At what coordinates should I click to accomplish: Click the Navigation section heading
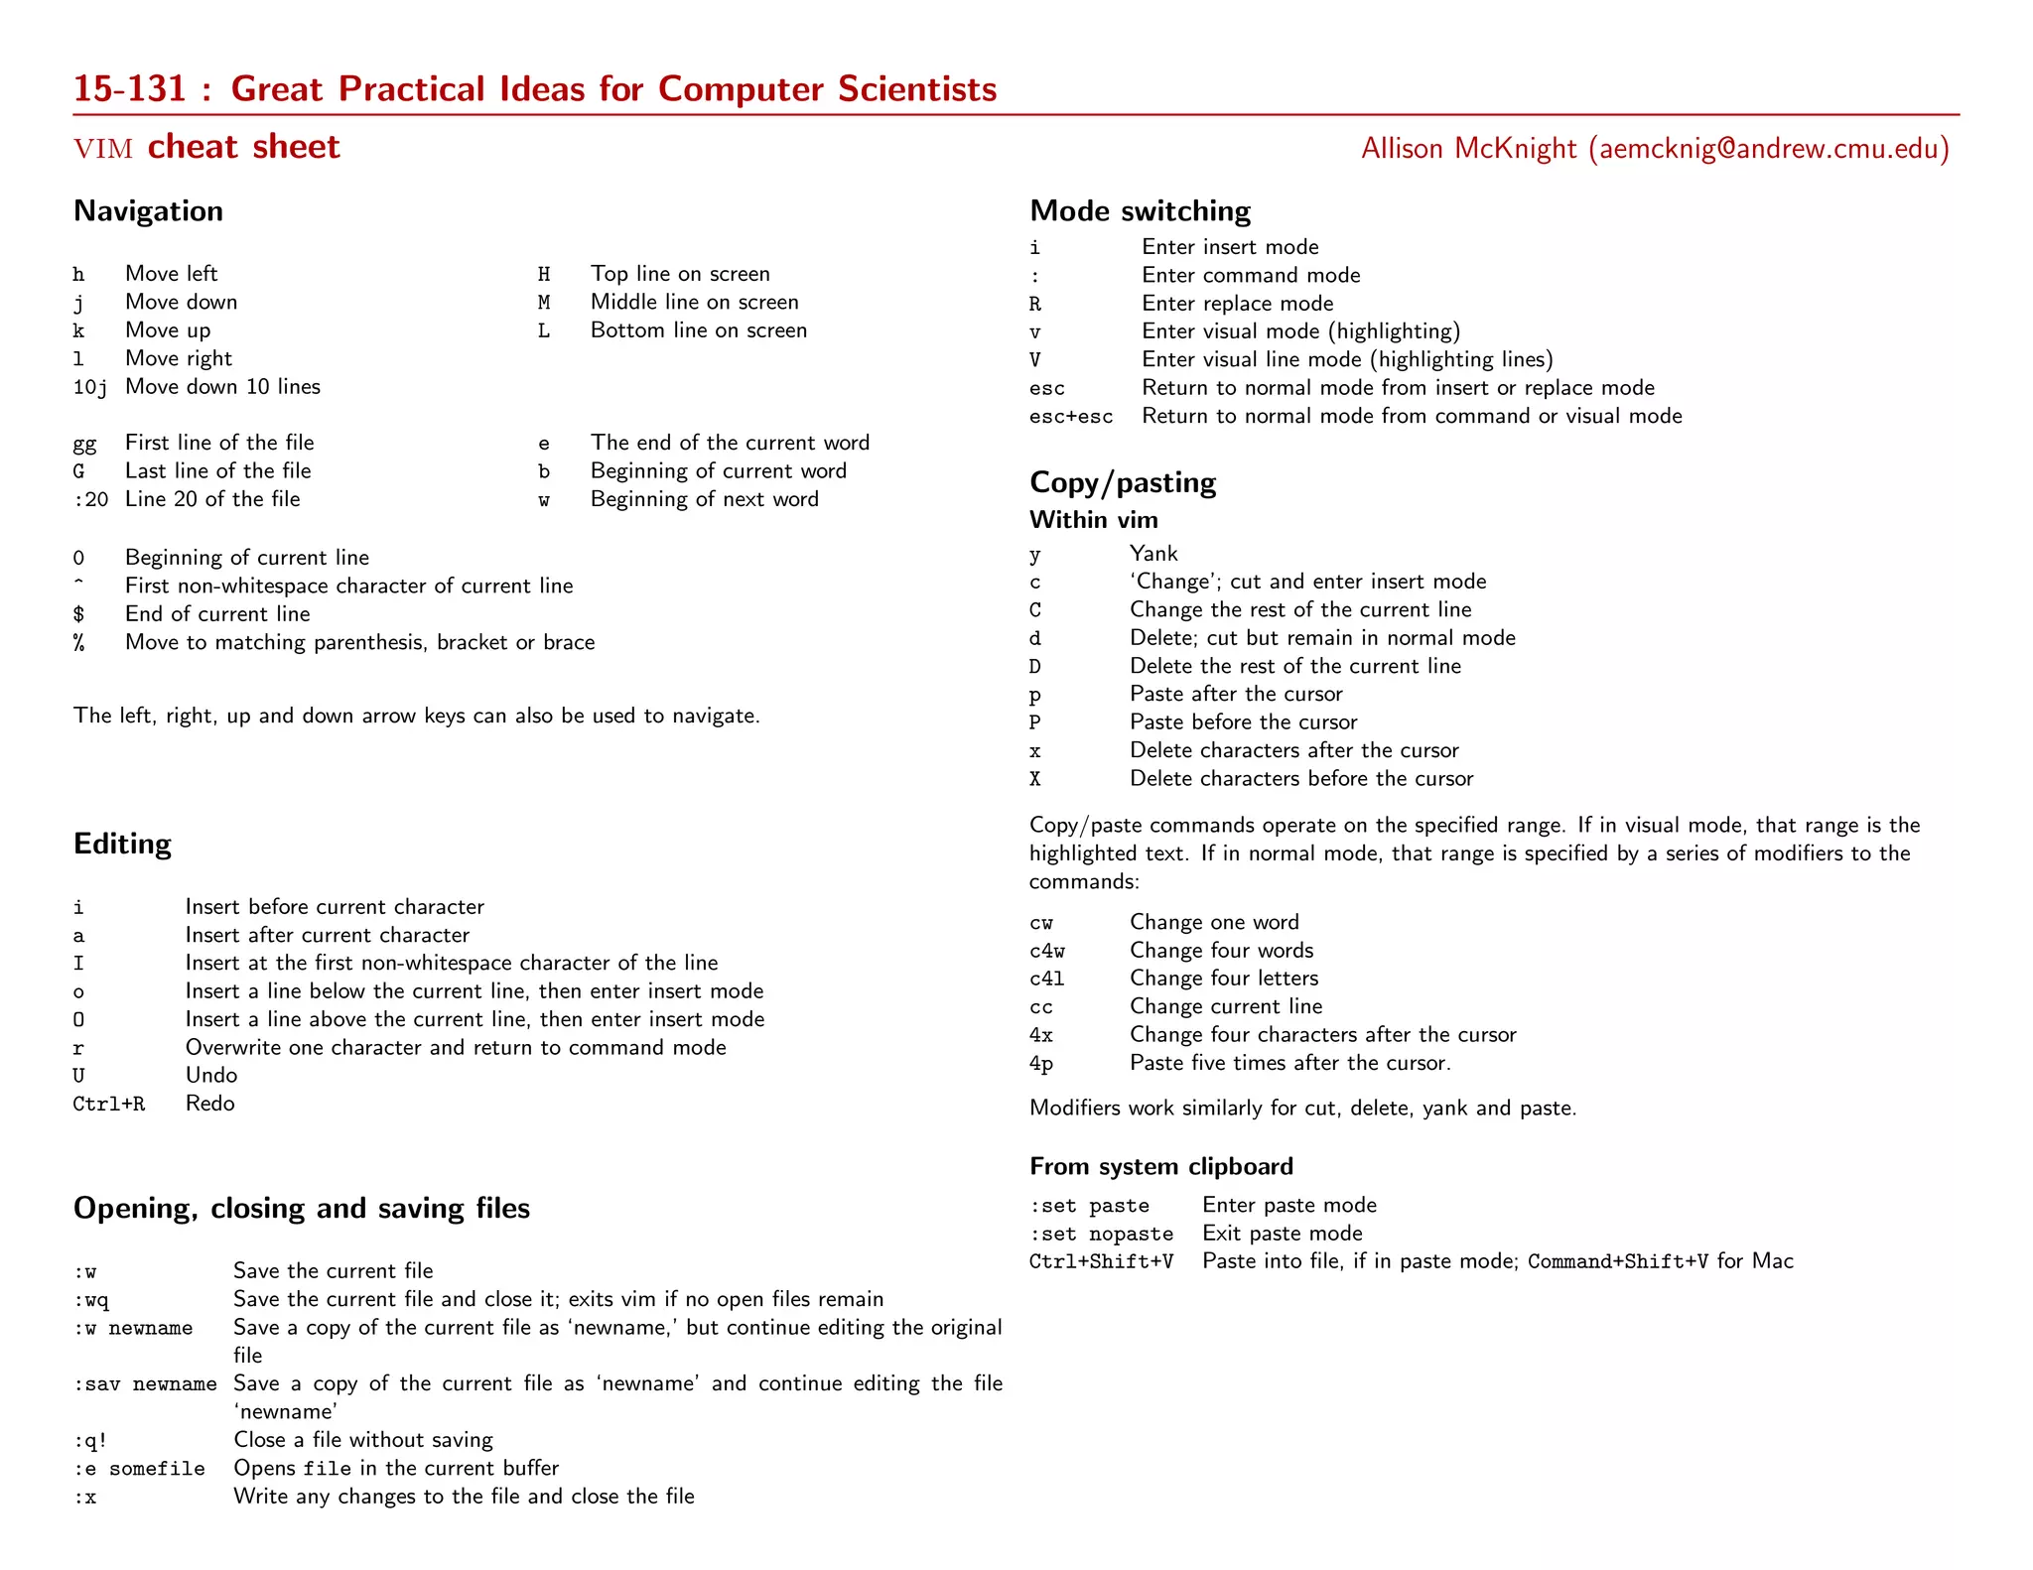point(148,211)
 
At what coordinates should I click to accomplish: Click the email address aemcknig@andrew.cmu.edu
point(1768,149)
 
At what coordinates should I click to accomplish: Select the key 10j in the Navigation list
point(89,387)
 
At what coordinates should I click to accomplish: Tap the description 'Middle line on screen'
point(694,302)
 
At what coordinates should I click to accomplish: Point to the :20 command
point(90,499)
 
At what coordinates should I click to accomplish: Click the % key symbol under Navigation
point(78,643)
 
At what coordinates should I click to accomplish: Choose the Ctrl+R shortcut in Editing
point(108,1104)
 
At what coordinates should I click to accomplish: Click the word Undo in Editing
point(210,1076)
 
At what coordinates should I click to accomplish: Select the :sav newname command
point(145,1383)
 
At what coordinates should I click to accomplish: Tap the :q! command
point(90,1440)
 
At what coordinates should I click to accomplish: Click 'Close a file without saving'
point(362,1440)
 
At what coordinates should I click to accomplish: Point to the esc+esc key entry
point(1070,417)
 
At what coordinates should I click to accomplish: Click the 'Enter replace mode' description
point(1237,304)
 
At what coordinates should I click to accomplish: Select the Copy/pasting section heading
point(1122,482)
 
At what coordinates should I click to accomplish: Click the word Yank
point(1152,554)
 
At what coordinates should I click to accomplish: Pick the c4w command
point(1046,951)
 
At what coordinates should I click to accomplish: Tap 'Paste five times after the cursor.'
point(1289,1063)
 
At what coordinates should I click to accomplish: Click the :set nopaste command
point(1101,1234)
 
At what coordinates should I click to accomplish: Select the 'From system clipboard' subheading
point(1160,1166)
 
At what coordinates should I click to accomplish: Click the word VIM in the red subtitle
point(103,149)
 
